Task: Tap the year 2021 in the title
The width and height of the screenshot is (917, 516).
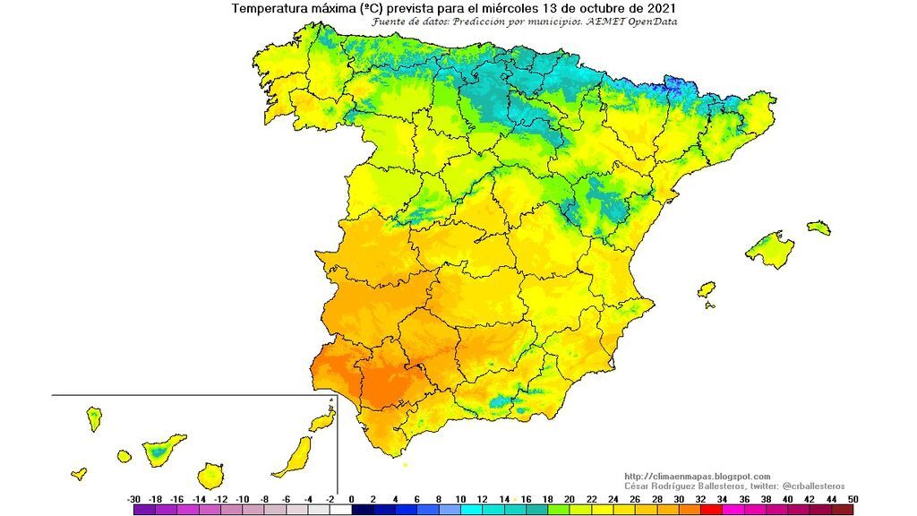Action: [659, 8]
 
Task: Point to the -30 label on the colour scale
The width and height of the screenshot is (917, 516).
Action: [134, 498]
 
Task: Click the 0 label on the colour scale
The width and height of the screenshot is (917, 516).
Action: [352, 498]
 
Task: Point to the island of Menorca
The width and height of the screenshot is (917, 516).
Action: [818, 228]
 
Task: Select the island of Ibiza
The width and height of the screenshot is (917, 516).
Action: [707, 289]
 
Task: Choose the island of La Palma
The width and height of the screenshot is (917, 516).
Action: [93, 417]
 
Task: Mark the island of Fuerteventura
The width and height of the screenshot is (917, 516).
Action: [294, 457]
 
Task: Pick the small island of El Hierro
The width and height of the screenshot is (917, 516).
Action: [79, 473]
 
